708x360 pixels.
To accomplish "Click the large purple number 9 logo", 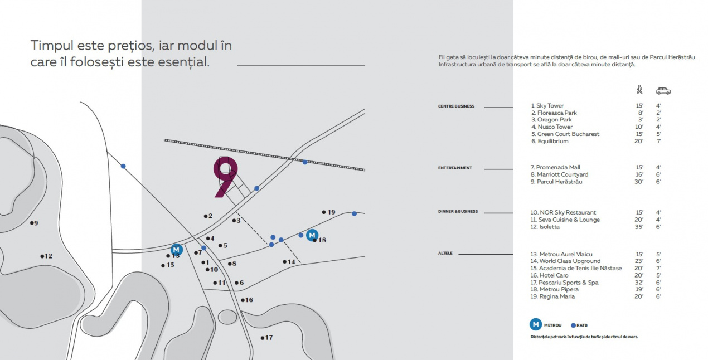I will [x=226, y=176].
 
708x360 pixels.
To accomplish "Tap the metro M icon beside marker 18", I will [x=312, y=235].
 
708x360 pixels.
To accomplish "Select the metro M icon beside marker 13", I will [x=177, y=249].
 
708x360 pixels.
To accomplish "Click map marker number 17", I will [x=266, y=338].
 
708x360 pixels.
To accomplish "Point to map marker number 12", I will [x=45, y=256].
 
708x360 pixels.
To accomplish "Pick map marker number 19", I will [x=328, y=212].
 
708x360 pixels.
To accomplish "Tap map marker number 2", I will [x=208, y=216].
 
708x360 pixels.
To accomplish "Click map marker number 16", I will [x=246, y=300].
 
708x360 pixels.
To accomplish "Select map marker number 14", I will [x=288, y=262].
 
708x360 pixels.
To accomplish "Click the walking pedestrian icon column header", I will [x=639, y=90].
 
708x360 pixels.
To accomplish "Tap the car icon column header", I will [x=663, y=90].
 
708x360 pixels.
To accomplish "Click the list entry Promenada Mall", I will [x=555, y=167].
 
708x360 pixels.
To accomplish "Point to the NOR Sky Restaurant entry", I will [x=562, y=212].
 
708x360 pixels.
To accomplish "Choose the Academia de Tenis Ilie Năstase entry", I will [x=575, y=269].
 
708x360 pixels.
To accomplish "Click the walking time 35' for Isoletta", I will [x=639, y=227].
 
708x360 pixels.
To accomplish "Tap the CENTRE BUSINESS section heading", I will [x=456, y=106].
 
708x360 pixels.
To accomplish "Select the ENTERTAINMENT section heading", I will [x=455, y=168].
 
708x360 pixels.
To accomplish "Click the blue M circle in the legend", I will [x=535, y=324].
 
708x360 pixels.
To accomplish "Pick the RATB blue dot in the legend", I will [x=574, y=325].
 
